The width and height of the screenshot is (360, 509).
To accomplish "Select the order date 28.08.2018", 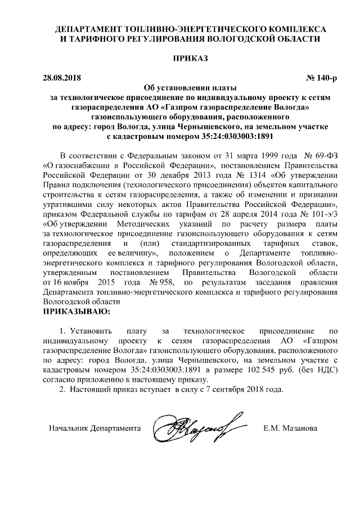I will tap(62, 77).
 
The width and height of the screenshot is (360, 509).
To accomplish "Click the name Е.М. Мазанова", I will tap(290, 429).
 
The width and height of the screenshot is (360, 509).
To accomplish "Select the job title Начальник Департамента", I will tap(94, 429).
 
